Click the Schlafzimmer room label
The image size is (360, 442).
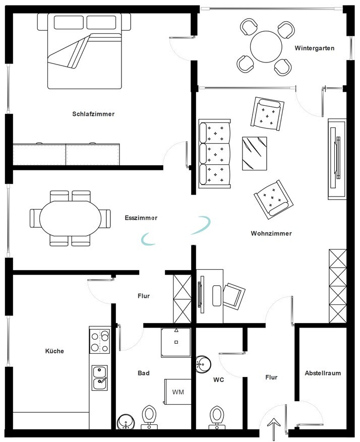(x=93, y=114)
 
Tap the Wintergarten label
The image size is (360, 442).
(x=315, y=48)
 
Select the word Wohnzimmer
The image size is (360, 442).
(x=271, y=233)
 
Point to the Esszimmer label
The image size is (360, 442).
(x=141, y=218)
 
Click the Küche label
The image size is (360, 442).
(x=54, y=351)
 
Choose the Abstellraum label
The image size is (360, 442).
(x=323, y=373)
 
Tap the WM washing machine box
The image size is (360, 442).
(x=177, y=392)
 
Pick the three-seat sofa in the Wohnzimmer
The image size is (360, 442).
(x=214, y=154)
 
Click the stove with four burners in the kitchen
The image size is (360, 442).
(x=99, y=341)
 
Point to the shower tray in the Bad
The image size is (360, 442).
(x=176, y=343)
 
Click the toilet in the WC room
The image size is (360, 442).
(x=217, y=417)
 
